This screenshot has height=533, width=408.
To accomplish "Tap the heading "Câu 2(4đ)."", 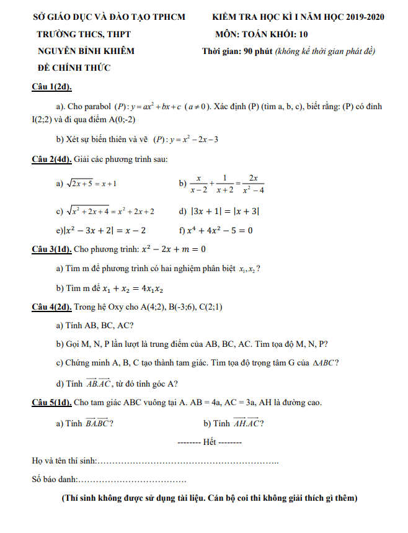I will tap(51, 159).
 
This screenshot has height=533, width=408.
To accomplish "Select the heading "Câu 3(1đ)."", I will tap(51, 249).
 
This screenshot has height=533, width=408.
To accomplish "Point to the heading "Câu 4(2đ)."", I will tap(51, 307).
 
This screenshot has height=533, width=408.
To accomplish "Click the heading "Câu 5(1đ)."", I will tap(51, 402).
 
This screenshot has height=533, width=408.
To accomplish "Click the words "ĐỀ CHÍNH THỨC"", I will tap(72, 68).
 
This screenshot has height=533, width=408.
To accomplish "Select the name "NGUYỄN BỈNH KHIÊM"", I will tap(86, 51).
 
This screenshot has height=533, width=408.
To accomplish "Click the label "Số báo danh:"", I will tap(55, 479).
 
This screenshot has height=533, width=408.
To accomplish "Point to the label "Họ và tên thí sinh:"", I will tap(64, 460).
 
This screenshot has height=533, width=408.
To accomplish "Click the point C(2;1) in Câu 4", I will tap(208, 307).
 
